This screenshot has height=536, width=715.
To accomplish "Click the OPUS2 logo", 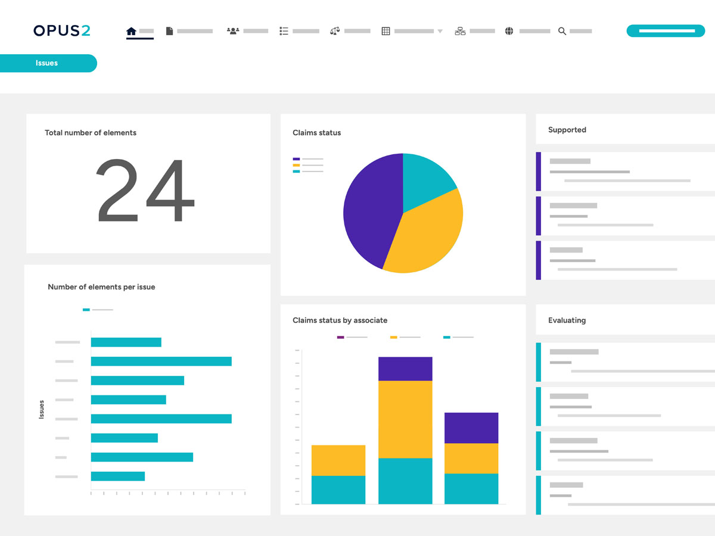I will (x=62, y=30).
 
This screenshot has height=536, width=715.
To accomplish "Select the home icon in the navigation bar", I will (x=132, y=31).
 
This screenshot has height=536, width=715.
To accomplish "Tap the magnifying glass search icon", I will (x=562, y=31).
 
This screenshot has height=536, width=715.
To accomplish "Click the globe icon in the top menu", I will (x=509, y=31).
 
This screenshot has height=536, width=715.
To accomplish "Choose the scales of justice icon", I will (x=335, y=31).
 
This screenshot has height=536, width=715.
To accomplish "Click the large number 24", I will (x=145, y=191).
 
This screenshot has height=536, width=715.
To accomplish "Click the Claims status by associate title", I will (x=340, y=320).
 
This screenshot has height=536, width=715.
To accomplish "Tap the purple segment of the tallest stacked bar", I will (x=405, y=369).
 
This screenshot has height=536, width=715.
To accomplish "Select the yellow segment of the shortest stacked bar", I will (x=338, y=460).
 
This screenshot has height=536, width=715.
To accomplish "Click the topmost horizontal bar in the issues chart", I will (x=126, y=342).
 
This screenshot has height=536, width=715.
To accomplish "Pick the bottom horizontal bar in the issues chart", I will (x=118, y=476).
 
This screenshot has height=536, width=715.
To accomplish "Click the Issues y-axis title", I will (x=42, y=409).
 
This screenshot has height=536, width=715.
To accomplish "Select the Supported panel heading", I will (x=567, y=130).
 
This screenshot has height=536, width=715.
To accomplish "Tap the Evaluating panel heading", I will (x=567, y=320).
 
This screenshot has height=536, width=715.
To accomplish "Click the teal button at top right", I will (x=666, y=30).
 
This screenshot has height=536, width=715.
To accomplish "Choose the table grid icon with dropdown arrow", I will (x=386, y=31).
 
